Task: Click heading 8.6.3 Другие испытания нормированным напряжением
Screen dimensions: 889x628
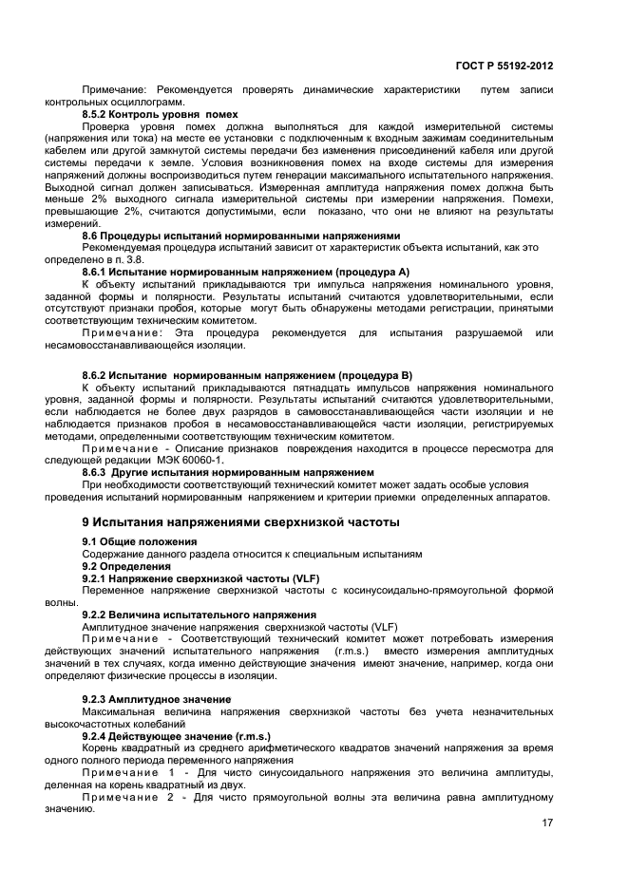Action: point(228,471)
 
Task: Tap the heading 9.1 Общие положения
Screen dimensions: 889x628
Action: point(133,541)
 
